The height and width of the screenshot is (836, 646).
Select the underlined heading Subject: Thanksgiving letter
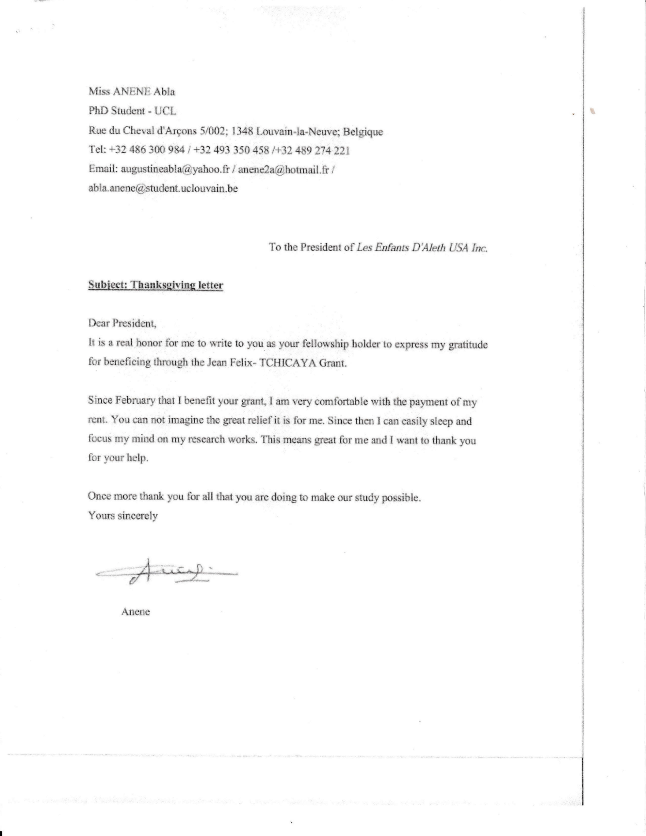(155, 285)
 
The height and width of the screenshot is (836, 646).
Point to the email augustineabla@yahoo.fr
(175, 169)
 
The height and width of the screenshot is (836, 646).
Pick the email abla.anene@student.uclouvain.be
(163, 188)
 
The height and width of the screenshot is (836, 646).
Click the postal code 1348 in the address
(242, 131)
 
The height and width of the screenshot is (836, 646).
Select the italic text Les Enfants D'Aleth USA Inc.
(422, 247)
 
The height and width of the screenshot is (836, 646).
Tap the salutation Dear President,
(122, 323)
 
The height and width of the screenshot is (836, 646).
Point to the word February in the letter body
(136, 401)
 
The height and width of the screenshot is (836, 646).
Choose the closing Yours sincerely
(123, 516)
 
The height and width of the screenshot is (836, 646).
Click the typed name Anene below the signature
(136, 612)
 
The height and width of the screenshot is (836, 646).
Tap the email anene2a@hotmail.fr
(283, 169)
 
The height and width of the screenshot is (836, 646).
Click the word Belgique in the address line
(363, 132)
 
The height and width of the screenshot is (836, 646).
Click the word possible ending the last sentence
(402, 498)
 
